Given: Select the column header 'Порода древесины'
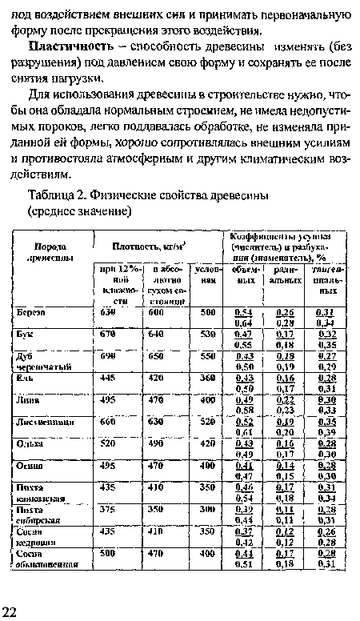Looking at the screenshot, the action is click(50, 250).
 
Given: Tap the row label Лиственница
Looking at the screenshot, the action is click(49, 420).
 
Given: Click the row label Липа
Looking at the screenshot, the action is click(31, 399).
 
